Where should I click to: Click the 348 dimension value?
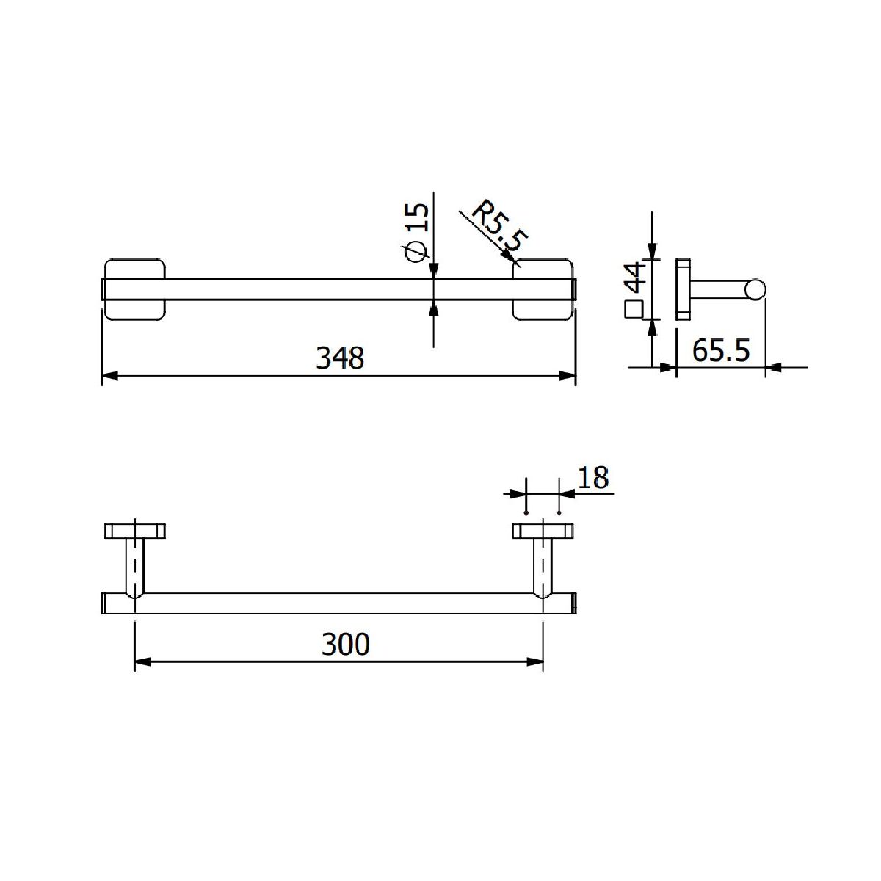[x=340, y=358]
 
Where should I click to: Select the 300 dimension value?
[x=345, y=644]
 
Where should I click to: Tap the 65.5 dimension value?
[x=720, y=351]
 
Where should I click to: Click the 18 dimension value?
[x=593, y=478]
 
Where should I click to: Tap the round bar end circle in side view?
[x=755, y=289]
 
